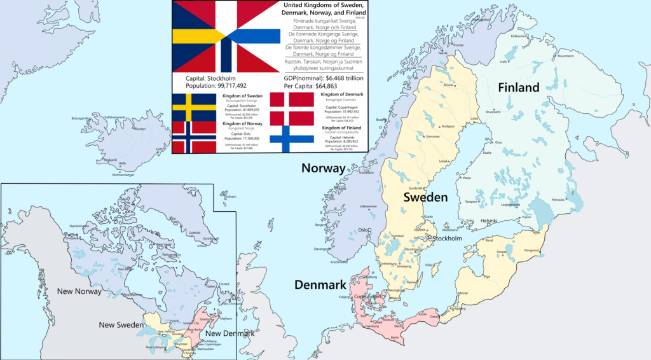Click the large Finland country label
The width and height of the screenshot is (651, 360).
pyautogui.click(x=519, y=87)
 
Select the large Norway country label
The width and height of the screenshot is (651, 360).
pyautogui.click(x=323, y=169)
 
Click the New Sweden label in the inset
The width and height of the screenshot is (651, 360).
pyautogui.click(x=120, y=325)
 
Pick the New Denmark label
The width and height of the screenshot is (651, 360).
pyautogui.click(x=230, y=334)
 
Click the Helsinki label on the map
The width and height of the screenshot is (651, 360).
pyautogui.click(x=489, y=221)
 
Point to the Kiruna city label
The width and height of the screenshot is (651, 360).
pyautogui.click(x=449, y=85)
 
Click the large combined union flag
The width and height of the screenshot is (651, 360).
pyautogui.click(x=226, y=36)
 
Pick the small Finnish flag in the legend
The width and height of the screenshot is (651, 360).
pyautogui.click(x=292, y=139)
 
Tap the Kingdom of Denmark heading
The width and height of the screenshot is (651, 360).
pyautogui.click(x=341, y=95)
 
